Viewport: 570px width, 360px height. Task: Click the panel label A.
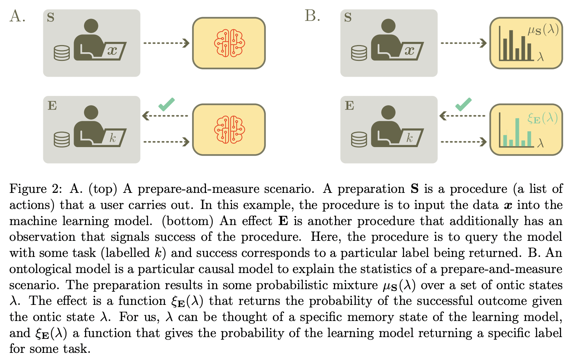coord(17,16)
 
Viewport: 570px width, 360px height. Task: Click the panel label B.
coord(312,16)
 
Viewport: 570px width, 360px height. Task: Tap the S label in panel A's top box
coord(51,17)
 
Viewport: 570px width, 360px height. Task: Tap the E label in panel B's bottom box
coord(349,106)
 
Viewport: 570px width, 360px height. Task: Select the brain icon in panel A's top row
coord(229,43)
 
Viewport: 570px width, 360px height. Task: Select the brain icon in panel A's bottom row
coord(229,130)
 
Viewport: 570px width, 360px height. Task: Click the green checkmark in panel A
coord(166,104)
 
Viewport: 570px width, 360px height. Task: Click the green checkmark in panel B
coord(463,104)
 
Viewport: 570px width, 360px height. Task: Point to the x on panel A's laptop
coord(112,50)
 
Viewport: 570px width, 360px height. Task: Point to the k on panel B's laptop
coord(410,138)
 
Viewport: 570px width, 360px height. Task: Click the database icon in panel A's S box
coord(62,53)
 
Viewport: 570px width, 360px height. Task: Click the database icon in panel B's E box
coord(359,140)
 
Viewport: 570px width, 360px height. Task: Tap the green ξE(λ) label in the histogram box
coord(542,118)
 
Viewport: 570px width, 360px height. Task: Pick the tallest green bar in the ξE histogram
coord(517,132)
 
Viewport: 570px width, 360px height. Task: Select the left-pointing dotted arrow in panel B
coord(462,116)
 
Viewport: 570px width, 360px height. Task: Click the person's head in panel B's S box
coord(388,26)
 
